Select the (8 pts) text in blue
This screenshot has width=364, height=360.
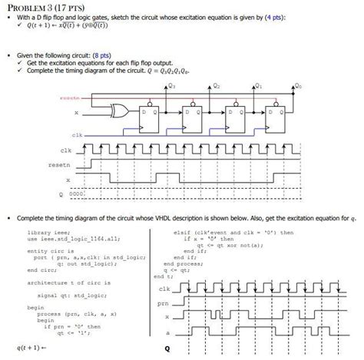click(101, 55)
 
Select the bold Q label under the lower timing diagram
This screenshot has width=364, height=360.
click(166, 348)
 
